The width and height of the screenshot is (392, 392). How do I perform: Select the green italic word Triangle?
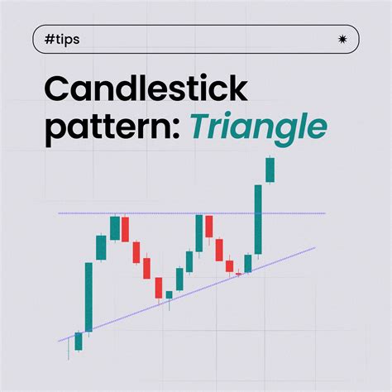[x=257, y=127]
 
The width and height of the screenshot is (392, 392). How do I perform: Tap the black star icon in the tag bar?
[x=342, y=39]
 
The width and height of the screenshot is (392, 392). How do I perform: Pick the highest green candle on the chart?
[x=270, y=170]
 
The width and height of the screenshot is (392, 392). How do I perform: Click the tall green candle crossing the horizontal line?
[x=259, y=219]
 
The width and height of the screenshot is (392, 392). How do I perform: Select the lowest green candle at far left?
[x=78, y=341]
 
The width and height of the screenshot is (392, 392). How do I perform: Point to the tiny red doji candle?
[x=239, y=272]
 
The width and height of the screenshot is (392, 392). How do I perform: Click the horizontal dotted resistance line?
[x=165, y=213]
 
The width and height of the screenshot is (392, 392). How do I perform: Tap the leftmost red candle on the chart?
[x=125, y=229]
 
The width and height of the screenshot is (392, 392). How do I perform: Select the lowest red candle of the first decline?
[x=158, y=288]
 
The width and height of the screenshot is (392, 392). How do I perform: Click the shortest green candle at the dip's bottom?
[x=169, y=294]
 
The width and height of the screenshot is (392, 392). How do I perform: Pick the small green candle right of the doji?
[x=248, y=263]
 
